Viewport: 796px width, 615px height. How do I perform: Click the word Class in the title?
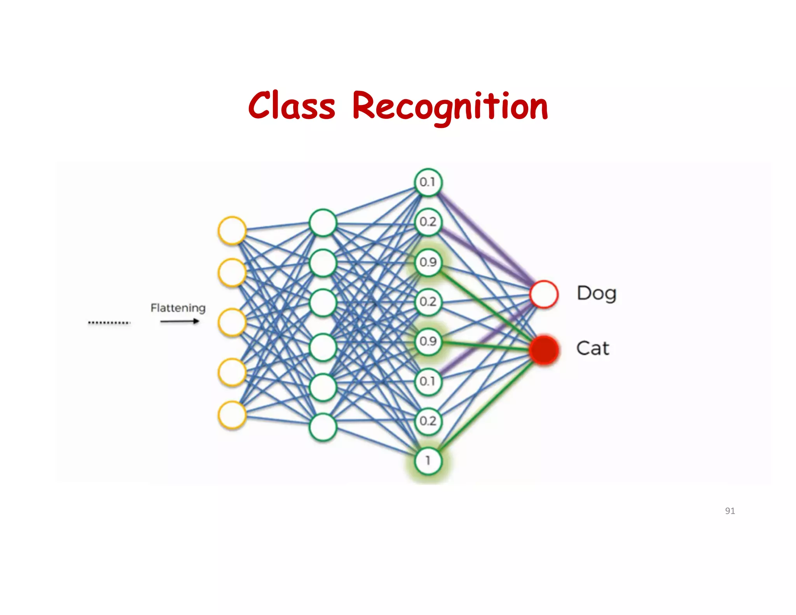(292, 106)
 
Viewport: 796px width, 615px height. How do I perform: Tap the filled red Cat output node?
(544, 349)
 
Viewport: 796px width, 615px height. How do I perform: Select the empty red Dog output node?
(544, 294)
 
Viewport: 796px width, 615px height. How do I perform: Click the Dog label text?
(596, 294)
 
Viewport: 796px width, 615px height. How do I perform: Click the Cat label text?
(592, 348)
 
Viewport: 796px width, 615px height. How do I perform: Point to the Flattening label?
(178, 308)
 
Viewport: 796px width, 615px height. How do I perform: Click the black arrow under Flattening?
(180, 321)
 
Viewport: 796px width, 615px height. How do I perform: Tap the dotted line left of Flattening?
(109, 322)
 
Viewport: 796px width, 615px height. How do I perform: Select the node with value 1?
(428, 461)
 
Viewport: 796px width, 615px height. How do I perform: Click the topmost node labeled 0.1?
(428, 182)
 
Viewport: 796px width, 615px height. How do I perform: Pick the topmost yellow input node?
(232, 230)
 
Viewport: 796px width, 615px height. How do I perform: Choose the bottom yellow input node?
(232, 415)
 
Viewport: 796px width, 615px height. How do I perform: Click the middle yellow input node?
(232, 322)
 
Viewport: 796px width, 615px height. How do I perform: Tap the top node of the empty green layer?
(323, 223)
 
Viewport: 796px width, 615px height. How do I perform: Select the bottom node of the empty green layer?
(323, 427)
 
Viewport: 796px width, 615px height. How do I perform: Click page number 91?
(730, 511)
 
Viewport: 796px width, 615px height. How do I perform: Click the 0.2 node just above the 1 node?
(428, 421)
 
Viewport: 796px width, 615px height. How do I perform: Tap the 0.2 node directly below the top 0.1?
(428, 222)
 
